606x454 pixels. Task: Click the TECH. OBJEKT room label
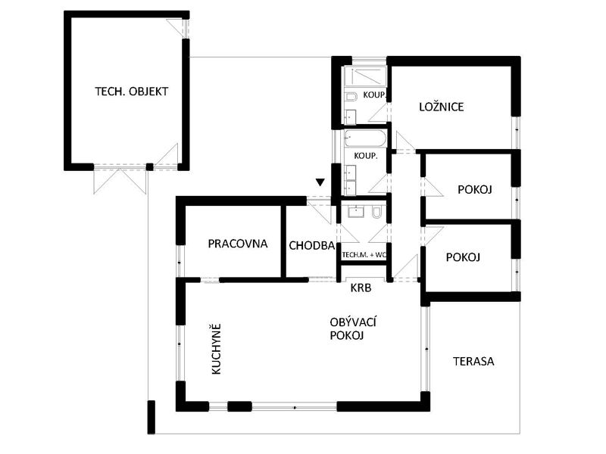(x=131, y=92)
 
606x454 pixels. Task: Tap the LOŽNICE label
(x=442, y=107)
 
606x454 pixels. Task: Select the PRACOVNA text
(x=238, y=244)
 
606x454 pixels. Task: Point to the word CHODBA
(x=312, y=245)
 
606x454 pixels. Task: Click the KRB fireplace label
(x=361, y=288)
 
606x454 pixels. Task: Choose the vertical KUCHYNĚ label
(x=217, y=349)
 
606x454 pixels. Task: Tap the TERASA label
(x=473, y=362)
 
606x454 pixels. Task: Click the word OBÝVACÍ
(x=353, y=322)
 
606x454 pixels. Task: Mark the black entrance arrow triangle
(x=320, y=182)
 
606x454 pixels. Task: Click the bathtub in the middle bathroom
(x=365, y=138)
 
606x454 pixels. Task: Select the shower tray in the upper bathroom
(x=365, y=77)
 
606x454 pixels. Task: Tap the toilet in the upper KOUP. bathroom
(x=350, y=96)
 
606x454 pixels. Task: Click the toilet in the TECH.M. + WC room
(x=376, y=213)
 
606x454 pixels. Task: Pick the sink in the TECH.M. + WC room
(x=355, y=212)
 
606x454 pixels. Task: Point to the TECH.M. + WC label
(x=364, y=255)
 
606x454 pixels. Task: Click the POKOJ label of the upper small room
(x=475, y=190)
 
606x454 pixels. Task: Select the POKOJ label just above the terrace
(x=463, y=257)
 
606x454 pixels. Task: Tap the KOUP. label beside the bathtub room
(x=366, y=156)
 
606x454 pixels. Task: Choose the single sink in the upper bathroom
(x=351, y=117)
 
